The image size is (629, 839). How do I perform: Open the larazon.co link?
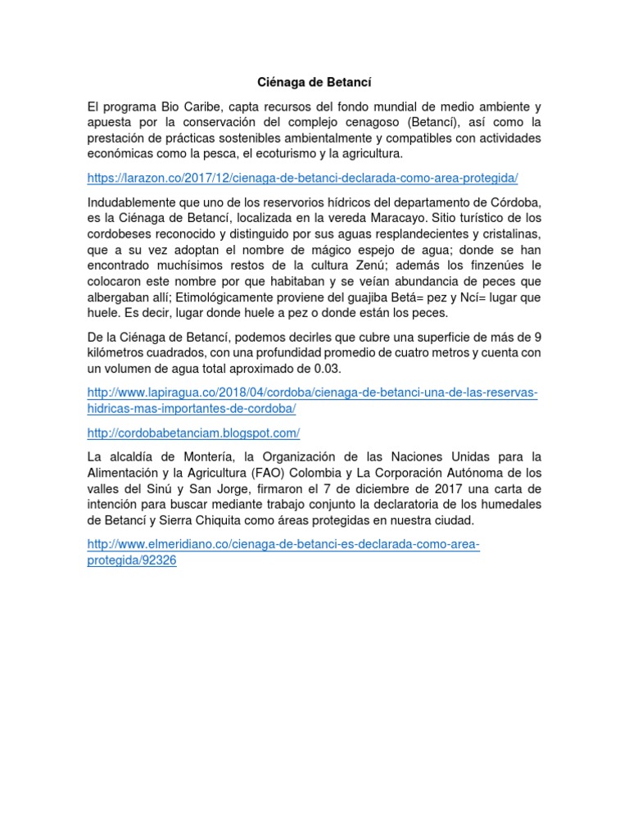tap(303, 178)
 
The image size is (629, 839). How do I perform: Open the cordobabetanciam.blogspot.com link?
tap(193, 432)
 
